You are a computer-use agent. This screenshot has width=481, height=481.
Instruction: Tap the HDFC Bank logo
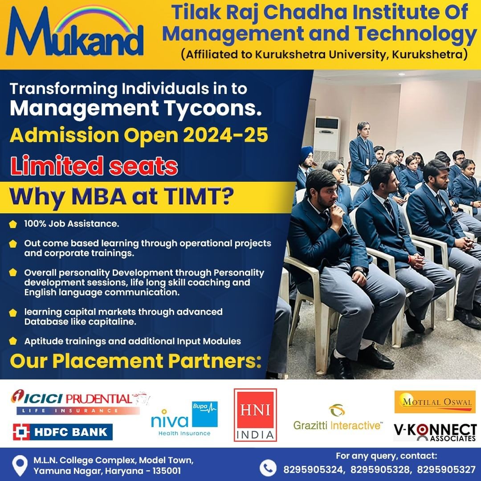coord(63,432)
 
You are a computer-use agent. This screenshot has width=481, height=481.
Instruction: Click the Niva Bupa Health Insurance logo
coord(184,419)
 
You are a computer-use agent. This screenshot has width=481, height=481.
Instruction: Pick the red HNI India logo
coord(255,415)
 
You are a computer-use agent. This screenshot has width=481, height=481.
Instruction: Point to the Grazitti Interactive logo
coord(338,417)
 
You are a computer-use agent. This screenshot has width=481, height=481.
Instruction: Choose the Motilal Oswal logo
coord(435,402)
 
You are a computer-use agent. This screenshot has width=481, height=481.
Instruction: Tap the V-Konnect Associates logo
coord(435,432)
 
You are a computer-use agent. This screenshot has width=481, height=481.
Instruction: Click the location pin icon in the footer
coord(20,465)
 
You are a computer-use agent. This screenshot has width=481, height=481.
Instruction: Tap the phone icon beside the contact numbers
coord(268,468)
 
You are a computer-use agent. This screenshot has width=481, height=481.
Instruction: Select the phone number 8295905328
coord(379,470)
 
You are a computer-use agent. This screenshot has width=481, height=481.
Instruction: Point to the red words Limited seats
coord(94,166)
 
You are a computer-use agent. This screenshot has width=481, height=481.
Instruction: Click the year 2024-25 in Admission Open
coord(225,135)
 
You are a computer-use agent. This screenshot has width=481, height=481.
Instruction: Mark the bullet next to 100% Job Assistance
coord(13,224)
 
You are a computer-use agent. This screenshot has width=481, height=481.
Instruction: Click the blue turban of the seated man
coord(307,152)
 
